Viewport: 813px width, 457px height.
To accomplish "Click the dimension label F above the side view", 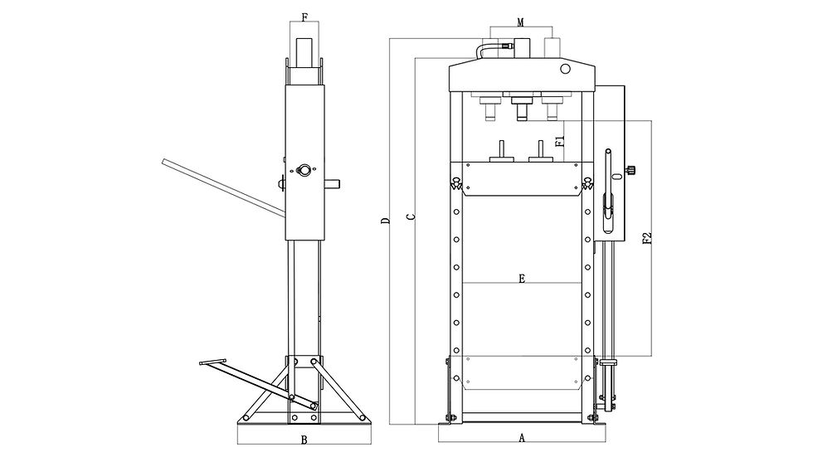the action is (304, 17).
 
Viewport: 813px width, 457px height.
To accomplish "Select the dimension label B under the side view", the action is (304, 440).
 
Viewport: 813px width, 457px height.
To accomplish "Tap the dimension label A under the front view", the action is (522, 438).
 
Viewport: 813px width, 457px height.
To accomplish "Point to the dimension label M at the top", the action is (520, 22).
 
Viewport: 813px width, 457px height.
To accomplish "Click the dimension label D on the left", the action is (385, 221).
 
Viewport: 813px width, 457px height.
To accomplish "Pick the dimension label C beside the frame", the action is (410, 216).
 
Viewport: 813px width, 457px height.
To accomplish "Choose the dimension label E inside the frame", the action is (522, 279).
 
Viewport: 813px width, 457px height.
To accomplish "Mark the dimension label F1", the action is (559, 141).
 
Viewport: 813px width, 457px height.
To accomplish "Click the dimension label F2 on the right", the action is (646, 238).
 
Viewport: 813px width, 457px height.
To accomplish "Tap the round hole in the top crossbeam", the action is (565, 68).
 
